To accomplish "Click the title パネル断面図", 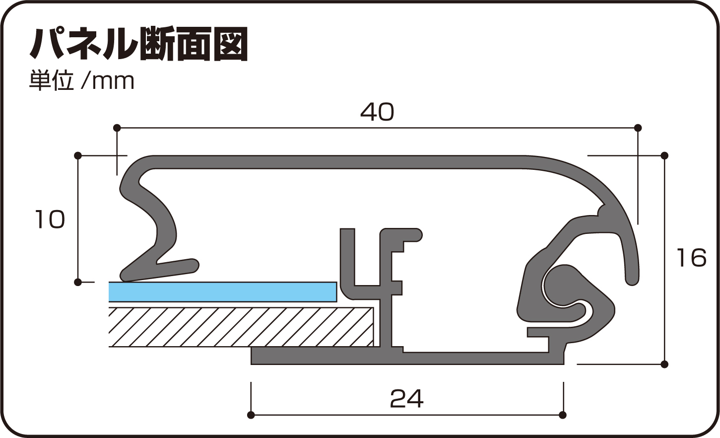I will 139,45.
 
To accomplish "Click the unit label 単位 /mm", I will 82,81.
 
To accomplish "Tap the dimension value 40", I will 377,112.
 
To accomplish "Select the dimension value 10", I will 50,219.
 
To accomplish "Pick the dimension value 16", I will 691,258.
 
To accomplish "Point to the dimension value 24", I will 407,399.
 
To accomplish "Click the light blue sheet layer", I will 222,292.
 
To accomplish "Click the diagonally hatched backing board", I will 241,327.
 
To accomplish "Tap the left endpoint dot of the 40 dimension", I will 117,128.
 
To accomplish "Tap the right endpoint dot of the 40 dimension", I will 638,128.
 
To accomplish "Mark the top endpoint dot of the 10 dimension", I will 78,156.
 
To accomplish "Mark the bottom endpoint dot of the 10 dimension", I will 78,282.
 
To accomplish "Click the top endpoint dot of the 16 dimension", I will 665,156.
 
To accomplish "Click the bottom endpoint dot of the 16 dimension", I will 665,364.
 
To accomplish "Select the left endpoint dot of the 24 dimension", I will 251,415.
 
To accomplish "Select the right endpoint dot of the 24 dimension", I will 562,415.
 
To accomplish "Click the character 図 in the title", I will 230,45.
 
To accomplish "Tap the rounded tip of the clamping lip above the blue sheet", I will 194,265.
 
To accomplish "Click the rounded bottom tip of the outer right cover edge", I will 632,280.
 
